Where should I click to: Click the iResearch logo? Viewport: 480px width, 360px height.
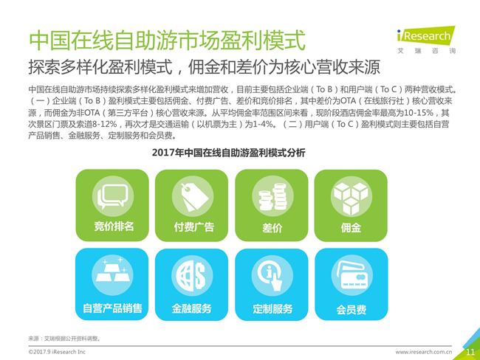pyautogui.click(x=426, y=40)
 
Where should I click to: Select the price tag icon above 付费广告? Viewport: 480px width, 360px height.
pyautogui.click(x=193, y=197)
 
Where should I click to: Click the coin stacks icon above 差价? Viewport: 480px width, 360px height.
pyautogui.click(x=272, y=197)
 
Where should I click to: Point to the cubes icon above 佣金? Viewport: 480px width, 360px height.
pyautogui.click(x=351, y=197)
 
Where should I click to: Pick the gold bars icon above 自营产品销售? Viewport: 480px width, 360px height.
pyautogui.click(x=112, y=271)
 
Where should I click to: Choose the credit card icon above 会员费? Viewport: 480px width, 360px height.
pyautogui.click(x=352, y=275)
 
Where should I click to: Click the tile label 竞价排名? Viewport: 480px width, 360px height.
pyautogui.click(x=114, y=226)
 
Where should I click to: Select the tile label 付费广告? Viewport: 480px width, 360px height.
pyautogui.click(x=193, y=227)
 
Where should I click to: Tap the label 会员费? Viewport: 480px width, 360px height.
pyautogui.click(x=351, y=310)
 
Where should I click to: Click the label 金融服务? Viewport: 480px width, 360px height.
pyautogui.click(x=191, y=308)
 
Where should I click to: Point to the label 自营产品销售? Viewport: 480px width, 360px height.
pyautogui.click(x=112, y=308)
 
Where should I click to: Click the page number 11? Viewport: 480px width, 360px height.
pyautogui.click(x=470, y=352)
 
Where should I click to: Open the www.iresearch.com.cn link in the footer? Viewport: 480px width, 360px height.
pyautogui.click(x=424, y=352)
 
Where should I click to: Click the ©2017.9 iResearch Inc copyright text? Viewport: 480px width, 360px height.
pyautogui.click(x=57, y=352)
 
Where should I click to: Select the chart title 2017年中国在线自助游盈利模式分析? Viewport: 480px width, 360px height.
pyautogui.click(x=229, y=153)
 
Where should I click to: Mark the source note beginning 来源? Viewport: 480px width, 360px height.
pyautogui.click(x=64, y=339)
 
